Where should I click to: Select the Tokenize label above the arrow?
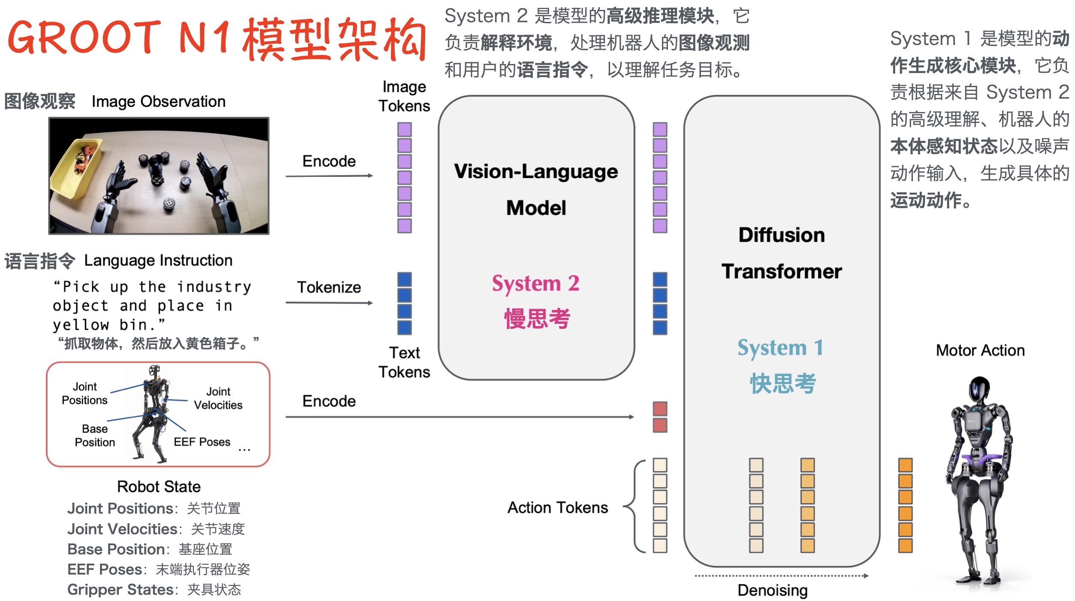(329, 287)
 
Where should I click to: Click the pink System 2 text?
(536, 284)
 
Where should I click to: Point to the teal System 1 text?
(780, 348)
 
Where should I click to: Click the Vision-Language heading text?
(536, 172)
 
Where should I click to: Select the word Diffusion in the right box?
(782, 235)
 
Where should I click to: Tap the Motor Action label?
(980, 350)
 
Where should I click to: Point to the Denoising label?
(773, 590)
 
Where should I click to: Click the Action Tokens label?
(558, 507)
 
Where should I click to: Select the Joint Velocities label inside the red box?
(218, 398)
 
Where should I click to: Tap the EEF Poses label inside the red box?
(202, 442)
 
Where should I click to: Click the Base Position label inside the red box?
(95, 435)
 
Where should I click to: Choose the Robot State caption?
(159, 486)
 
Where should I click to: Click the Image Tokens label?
(404, 96)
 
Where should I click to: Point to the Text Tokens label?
(404, 362)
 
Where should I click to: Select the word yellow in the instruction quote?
(81, 325)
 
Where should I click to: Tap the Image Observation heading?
(158, 102)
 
